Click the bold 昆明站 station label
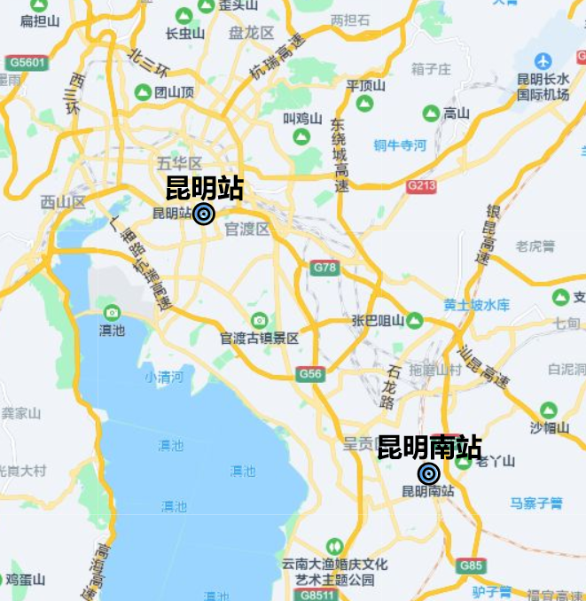[x=205, y=188]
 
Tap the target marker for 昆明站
[x=204, y=214]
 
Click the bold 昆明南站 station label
[x=429, y=447]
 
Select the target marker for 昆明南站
[x=429, y=474]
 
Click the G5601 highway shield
[x=26, y=63]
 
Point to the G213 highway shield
[x=421, y=186]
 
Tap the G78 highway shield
[x=325, y=267]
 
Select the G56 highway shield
[x=310, y=374]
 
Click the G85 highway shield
[x=472, y=566]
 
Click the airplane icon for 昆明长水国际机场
[x=543, y=61]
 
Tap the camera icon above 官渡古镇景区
[x=259, y=320]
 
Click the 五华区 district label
[x=180, y=163]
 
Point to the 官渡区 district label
[x=246, y=230]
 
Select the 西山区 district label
[x=63, y=202]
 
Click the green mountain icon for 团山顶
[x=142, y=91]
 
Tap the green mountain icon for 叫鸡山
[x=301, y=137]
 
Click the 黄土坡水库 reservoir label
[x=477, y=305]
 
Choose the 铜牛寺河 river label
[x=400, y=145]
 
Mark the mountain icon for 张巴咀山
[x=414, y=321]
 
